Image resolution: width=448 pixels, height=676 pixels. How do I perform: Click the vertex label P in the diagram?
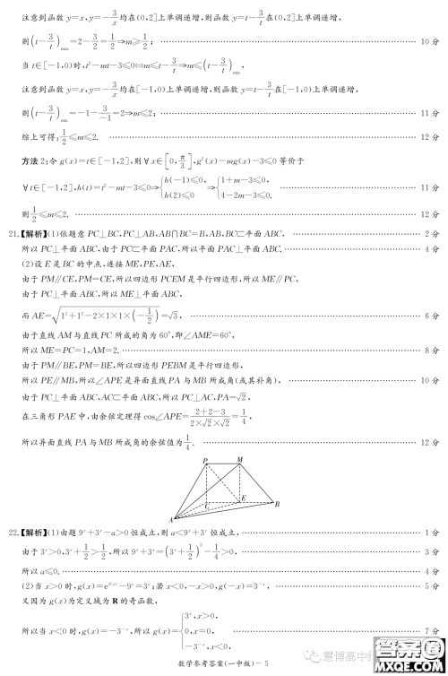[205, 461]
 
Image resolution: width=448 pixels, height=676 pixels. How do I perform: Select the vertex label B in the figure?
[277, 504]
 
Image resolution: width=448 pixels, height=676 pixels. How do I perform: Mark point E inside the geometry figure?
[244, 496]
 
